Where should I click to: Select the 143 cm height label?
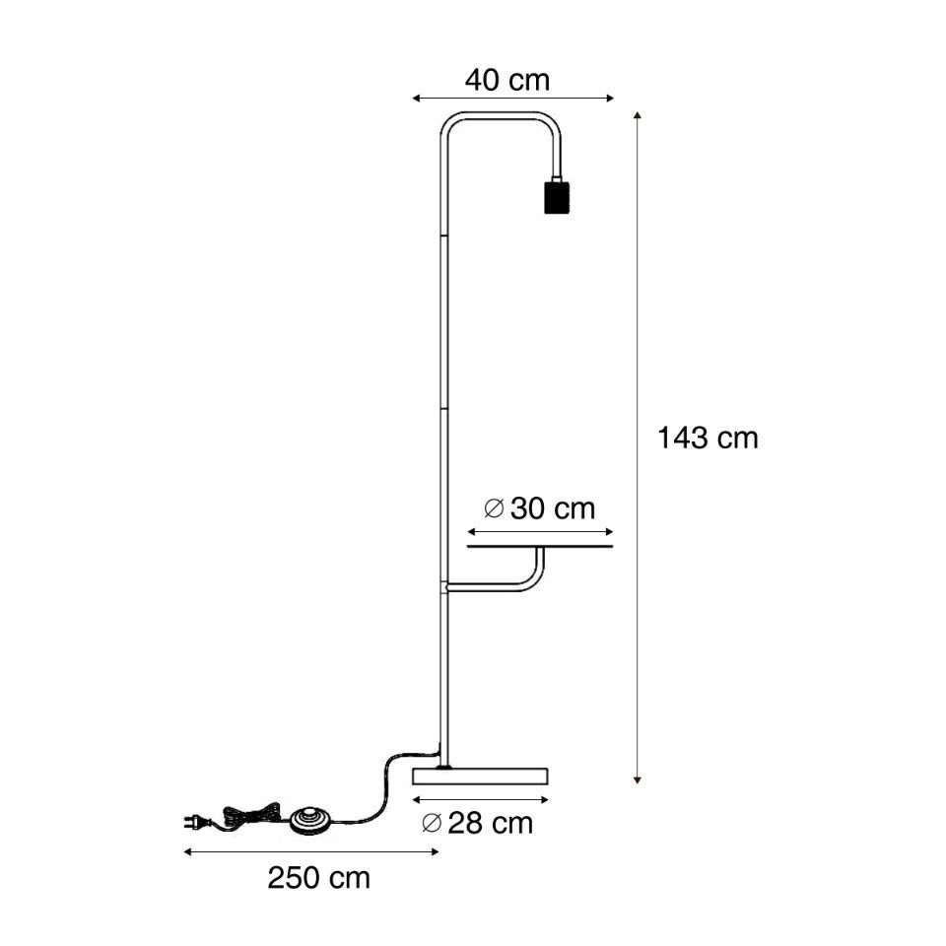[x=708, y=439]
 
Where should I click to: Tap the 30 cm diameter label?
[x=541, y=508]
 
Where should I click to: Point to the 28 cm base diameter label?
[x=477, y=824]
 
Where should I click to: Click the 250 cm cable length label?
[x=319, y=878]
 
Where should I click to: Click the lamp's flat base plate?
[x=479, y=775]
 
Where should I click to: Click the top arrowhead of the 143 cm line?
[x=639, y=117]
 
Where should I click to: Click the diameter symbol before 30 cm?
[x=495, y=508]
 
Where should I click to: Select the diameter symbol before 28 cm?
[x=431, y=824]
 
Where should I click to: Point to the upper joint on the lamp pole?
[x=441, y=236]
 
